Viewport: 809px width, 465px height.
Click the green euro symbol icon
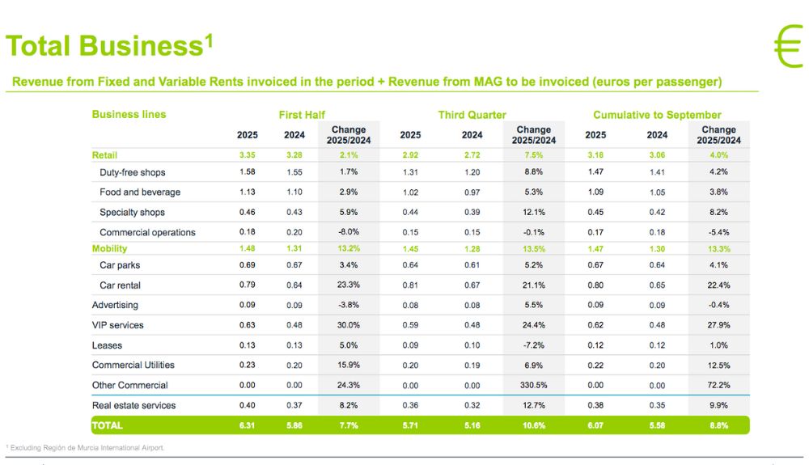pyautogui.click(x=787, y=46)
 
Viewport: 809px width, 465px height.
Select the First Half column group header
pyautogui.click(x=302, y=115)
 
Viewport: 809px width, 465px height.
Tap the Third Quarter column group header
pyautogui.click(x=472, y=115)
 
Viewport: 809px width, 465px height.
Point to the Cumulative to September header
pyautogui.click(x=657, y=115)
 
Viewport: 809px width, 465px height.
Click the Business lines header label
pyautogui.click(x=129, y=114)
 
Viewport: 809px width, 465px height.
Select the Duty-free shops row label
pyautogui.click(x=132, y=172)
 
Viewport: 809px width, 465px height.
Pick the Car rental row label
pyautogui.click(x=121, y=285)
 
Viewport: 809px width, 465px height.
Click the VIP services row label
pyautogui.click(x=117, y=325)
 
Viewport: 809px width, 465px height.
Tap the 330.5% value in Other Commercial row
pyautogui.click(x=533, y=385)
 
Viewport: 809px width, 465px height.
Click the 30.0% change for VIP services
pyautogui.click(x=348, y=325)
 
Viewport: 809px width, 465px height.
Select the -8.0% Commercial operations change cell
pyautogui.click(x=348, y=232)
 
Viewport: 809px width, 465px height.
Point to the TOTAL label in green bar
pyautogui.click(x=108, y=425)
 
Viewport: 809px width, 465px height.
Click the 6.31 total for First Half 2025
pyautogui.click(x=248, y=425)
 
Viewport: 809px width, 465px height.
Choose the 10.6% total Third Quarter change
pyautogui.click(x=533, y=425)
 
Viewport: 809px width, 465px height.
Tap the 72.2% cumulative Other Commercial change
pyautogui.click(x=718, y=385)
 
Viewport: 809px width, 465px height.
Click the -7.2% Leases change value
pyautogui.click(x=533, y=345)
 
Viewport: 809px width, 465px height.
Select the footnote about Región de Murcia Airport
pyautogui.click(x=86, y=447)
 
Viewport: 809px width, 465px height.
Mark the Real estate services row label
pyautogui.click(x=133, y=405)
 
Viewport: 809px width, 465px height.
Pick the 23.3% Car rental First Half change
pyautogui.click(x=348, y=285)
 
